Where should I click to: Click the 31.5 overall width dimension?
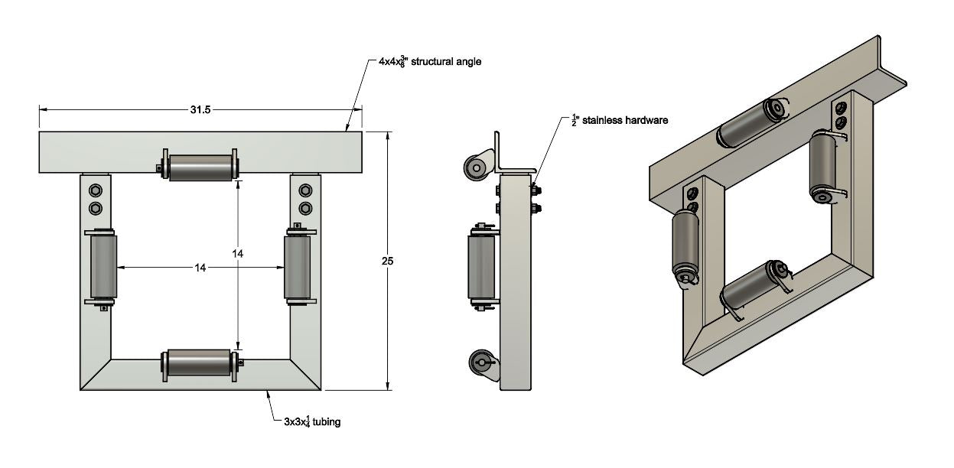[x=200, y=110]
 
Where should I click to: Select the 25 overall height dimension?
[x=388, y=262]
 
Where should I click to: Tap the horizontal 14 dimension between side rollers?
[x=200, y=268]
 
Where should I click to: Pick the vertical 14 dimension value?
[x=239, y=252]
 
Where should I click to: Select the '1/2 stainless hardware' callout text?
[x=620, y=120]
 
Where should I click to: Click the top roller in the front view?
[x=200, y=167]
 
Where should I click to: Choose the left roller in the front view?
[x=103, y=266]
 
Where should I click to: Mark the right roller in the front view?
[x=297, y=266]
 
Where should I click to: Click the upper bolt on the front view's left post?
[x=96, y=190]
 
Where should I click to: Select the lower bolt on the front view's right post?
[x=305, y=208]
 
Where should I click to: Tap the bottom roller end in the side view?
[x=481, y=362]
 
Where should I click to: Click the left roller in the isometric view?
[x=686, y=244]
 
